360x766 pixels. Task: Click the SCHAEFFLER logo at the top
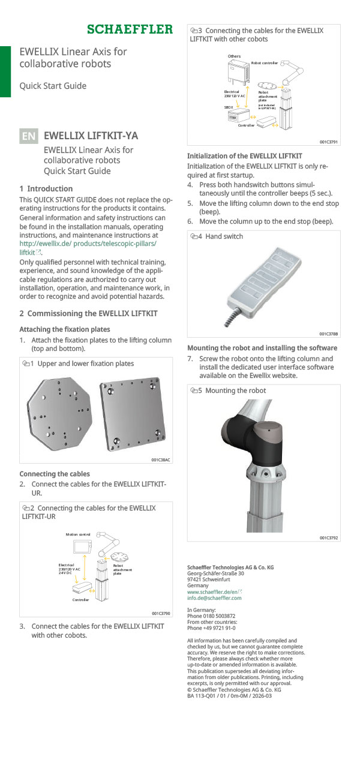(x=130, y=29)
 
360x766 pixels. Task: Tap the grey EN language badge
(x=28, y=136)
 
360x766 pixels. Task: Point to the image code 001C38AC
(x=160, y=460)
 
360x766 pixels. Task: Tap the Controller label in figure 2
(x=81, y=599)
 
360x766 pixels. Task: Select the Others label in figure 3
(x=234, y=56)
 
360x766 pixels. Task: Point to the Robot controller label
(x=264, y=63)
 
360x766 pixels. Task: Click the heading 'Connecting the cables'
(x=55, y=474)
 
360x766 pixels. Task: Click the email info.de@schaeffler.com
(x=214, y=598)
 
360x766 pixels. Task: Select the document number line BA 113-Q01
(x=225, y=696)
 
